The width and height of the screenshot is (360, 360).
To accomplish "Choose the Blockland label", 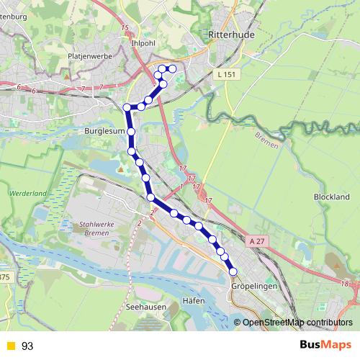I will point(331,197).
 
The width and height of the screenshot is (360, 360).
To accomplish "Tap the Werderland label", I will point(28,194).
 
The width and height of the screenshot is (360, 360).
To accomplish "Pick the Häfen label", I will point(194,300).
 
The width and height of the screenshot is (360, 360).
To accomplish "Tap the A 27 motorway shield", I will point(258,241).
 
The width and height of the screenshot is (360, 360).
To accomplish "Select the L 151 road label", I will point(225,74).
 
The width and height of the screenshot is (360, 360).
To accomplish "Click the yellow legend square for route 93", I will point(9,346).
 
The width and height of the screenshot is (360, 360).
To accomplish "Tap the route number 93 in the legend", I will point(27,346).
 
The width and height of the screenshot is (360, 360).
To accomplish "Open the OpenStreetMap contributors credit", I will point(297,322).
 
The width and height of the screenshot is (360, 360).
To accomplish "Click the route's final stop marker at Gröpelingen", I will point(233,271).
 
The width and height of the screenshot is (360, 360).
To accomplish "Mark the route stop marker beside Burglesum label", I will point(132,132).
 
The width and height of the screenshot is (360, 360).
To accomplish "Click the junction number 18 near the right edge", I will point(346,284).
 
